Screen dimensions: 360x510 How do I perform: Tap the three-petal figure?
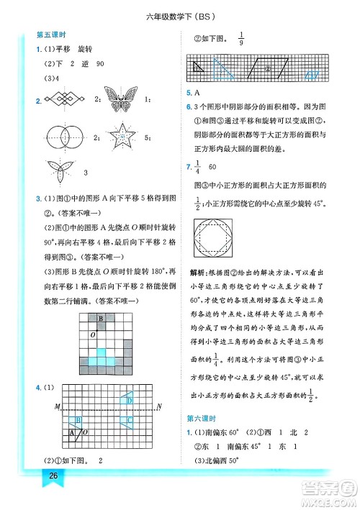[x=60, y=173]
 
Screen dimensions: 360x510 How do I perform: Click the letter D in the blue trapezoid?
[x=130, y=400]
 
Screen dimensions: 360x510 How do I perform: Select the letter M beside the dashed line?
[x=57, y=408]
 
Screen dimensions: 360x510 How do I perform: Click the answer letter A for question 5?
[x=197, y=93]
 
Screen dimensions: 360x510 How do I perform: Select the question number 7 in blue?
[x=187, y=167]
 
